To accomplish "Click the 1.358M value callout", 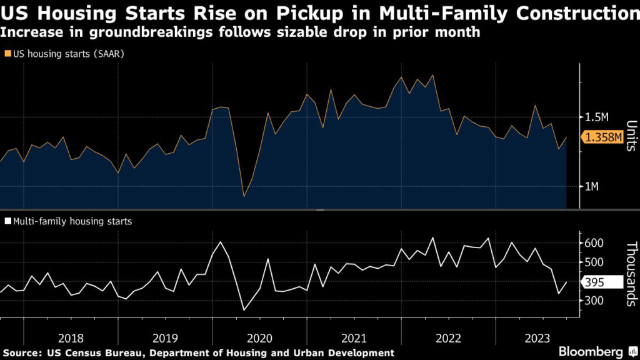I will [x=603, y=137].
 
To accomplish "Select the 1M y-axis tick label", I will [x=592, y=187].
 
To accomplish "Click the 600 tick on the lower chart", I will [x=593, y=242].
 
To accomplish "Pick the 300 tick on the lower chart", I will [x=593, y=301].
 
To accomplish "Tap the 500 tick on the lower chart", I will [x=593, y=262].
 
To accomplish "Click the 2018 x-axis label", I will [x=71, y=338].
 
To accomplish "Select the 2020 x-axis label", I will [x=259, y=338].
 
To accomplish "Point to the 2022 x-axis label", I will [x=448, y=338].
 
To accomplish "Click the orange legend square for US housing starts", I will [x=7, y=54].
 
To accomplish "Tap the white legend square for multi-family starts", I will [x=7, y=221].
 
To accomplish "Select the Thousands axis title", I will [x=630, y=274].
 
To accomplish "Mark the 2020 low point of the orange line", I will [x=244, y=196].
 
